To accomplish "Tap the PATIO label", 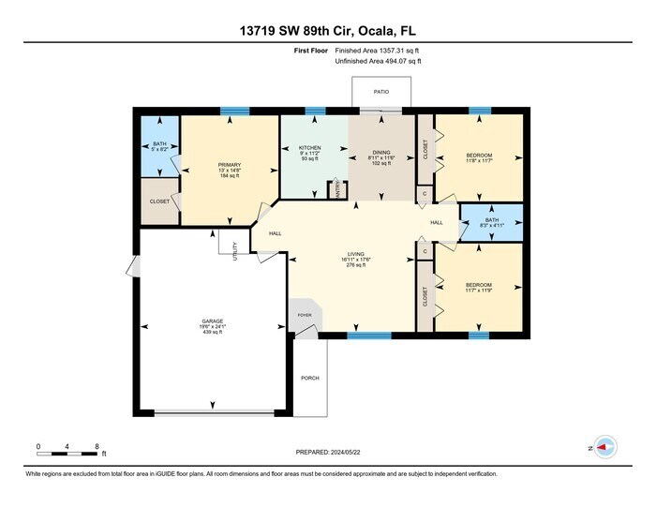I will tap(380, 92).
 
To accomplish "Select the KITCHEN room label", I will tap(310, 149).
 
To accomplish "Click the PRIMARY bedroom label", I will tap(216, 165).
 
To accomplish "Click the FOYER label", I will tap(305, 315).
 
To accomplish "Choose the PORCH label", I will tap(309, 378).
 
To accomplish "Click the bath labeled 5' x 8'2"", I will tap(159, 149).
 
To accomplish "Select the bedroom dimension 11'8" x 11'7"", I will tap(479, 160).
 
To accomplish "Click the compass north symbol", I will tap(604, 448).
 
